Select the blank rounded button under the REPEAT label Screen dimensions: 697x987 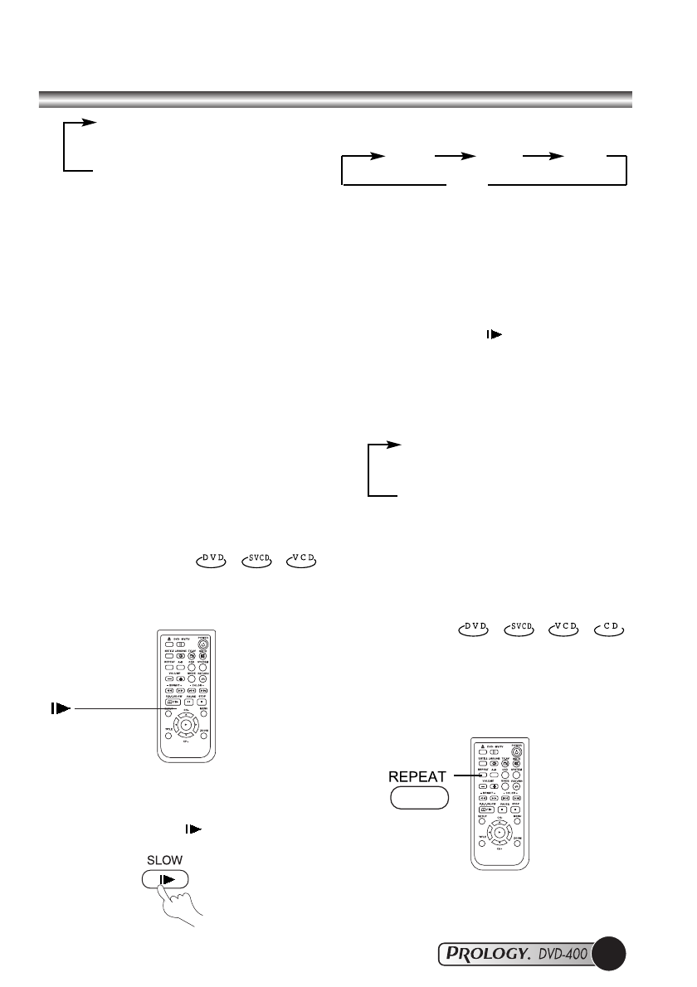point(419,799)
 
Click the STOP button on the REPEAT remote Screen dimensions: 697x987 point(516,809)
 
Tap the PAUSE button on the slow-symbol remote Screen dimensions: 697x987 point(187,702)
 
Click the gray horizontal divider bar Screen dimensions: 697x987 point(336,100)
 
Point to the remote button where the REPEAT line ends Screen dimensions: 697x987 point(482,778)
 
